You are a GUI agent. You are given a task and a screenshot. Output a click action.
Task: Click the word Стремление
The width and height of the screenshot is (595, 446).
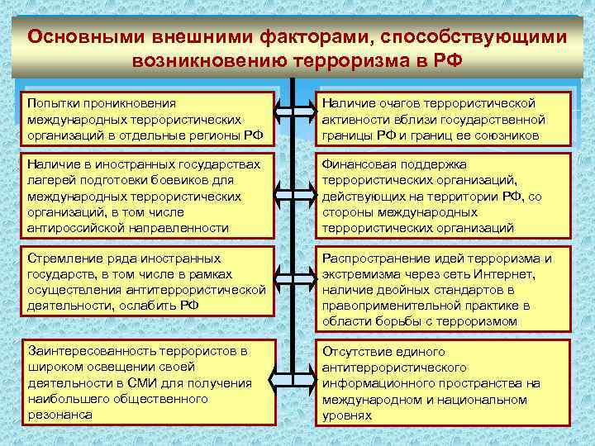(64, 258)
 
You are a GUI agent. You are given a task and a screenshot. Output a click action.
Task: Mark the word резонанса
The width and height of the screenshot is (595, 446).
(59, 415)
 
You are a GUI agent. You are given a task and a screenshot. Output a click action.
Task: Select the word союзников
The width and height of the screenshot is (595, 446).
(507, 135)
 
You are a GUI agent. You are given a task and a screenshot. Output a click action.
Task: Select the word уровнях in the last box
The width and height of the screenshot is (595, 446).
(347, 415)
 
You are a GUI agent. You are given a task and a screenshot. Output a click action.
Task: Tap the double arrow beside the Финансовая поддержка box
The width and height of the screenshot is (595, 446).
(293, 196)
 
